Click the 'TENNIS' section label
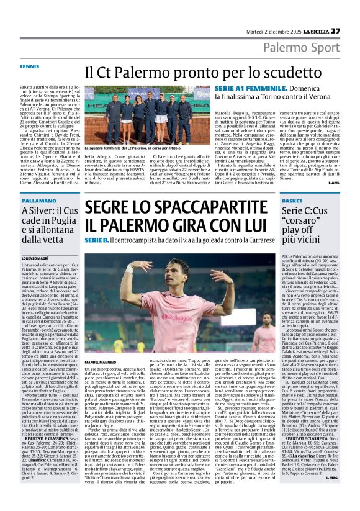tap(29, 66)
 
